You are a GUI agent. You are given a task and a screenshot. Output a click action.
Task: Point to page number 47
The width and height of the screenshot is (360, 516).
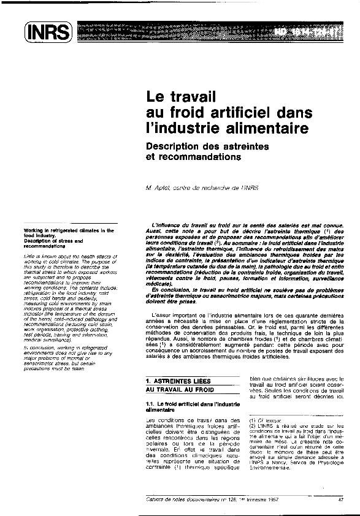(x=340, y=498)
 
